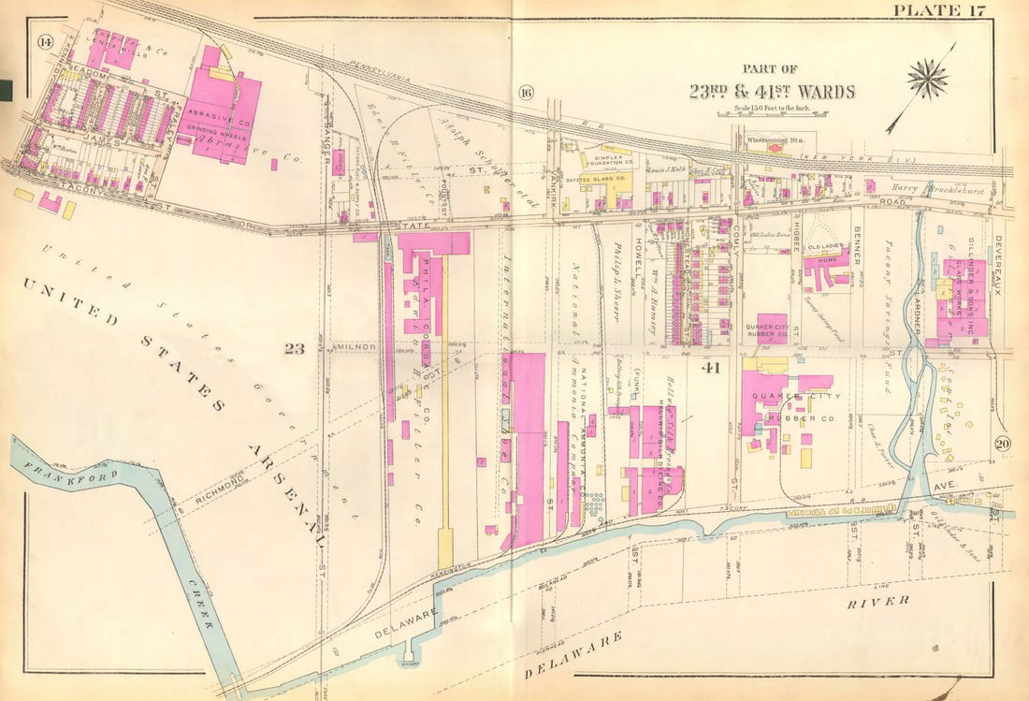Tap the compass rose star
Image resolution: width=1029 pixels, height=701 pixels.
927,79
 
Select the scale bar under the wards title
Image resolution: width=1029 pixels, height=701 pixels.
771,114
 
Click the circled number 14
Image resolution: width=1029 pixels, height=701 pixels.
44,40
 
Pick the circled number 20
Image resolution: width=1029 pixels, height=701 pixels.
1001,444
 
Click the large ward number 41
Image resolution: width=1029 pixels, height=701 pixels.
710,368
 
